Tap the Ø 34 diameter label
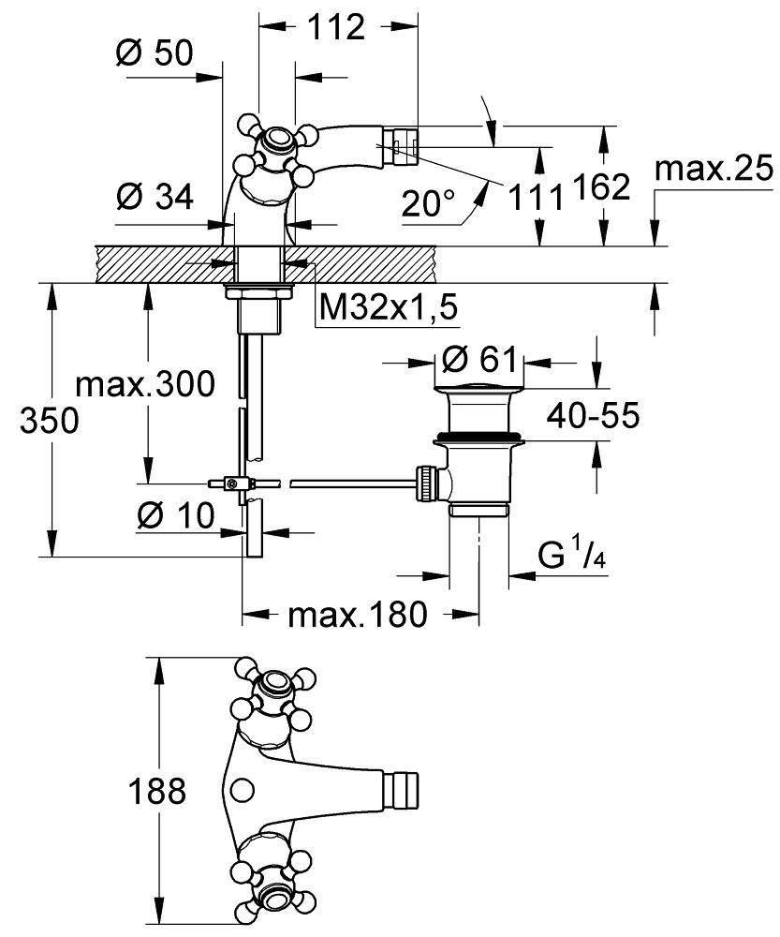click(x=155, y=197)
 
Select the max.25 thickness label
click(x=714, y=170)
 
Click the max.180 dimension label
click(x=357, y=616)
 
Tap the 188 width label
click(x=155, y=793)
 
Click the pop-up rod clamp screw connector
click(x=230, y=483)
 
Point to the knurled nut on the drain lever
click(x=426, y=483)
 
